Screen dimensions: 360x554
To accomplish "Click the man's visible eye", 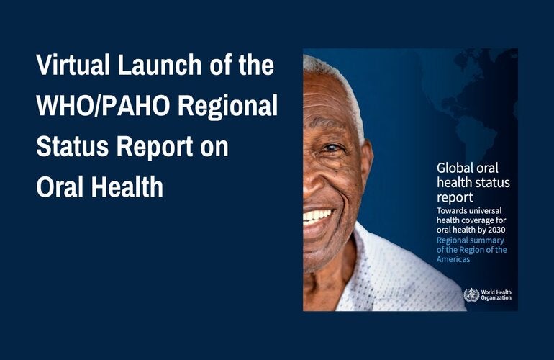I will [x=332, y=148].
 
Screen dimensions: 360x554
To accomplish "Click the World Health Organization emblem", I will [x=471, y=295].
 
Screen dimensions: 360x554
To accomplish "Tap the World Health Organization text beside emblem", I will [x=497, y=295].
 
